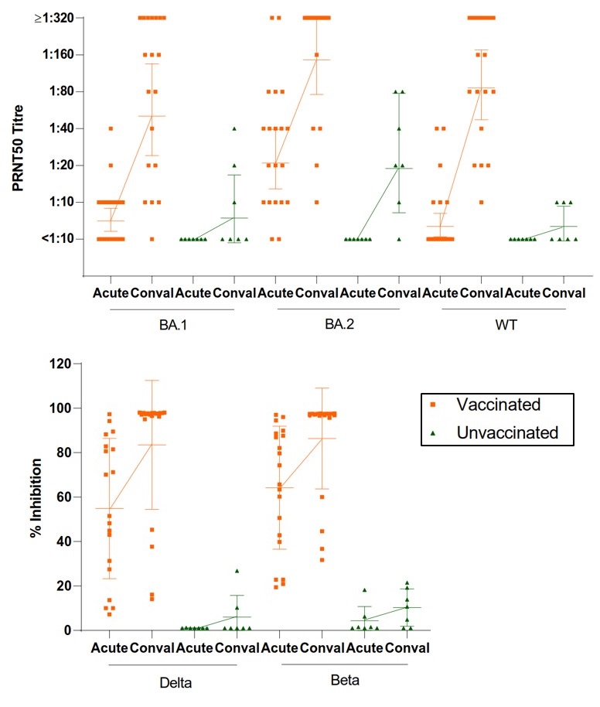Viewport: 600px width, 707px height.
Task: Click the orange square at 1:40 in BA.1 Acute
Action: pos(111,128)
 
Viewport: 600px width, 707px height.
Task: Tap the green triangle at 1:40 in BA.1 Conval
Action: pos(234,128)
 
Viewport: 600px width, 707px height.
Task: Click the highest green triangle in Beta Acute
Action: pos(365,590)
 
